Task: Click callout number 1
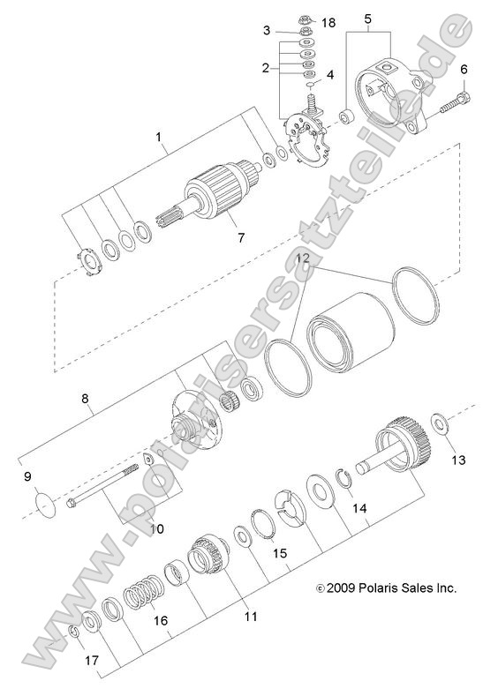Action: [x=159, y=138]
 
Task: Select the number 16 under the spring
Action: [x=160, y=621]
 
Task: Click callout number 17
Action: [x=91, y=660]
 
